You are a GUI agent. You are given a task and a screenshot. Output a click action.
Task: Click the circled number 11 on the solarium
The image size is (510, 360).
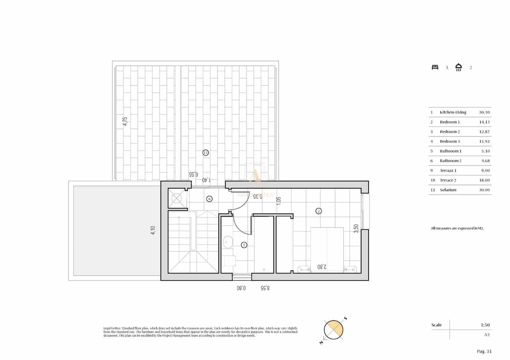(x=206, y=153)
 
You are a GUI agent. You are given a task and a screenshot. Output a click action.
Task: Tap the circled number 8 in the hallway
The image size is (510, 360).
(x=209, y=199)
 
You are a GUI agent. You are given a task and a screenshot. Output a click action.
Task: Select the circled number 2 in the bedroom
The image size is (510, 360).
(x=318, y=211)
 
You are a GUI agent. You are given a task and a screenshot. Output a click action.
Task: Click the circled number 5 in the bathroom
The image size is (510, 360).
(x=244, y=245)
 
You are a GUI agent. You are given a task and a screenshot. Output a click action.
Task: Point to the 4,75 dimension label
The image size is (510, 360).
(x=125, y=121)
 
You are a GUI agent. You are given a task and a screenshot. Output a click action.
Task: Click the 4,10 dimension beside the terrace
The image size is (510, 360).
(x=153, y=230)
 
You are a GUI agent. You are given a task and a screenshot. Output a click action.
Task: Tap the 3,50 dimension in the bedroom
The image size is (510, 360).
(x=356, y=228)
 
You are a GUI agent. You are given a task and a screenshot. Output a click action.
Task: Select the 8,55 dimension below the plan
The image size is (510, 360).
(x=265, y=288)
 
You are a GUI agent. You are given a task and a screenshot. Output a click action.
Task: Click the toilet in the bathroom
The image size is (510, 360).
(x=229, y=261)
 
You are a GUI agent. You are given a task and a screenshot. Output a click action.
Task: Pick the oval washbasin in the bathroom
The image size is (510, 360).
(x=228, y=242)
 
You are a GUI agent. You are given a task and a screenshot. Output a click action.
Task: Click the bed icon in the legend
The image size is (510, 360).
(x=435, y=67)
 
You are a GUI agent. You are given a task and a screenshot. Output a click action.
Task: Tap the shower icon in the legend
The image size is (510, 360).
(x=458, y=67)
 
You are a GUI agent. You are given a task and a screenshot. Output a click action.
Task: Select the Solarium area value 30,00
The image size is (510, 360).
(x=484, y=190)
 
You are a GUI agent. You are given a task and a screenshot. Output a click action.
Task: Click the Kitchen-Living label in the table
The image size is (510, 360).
(x=453, y=112)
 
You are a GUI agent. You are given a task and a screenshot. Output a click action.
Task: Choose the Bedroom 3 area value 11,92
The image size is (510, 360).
(x=484, y=141)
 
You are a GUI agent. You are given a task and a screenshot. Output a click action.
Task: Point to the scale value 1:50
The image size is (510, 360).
(x=485, y=325)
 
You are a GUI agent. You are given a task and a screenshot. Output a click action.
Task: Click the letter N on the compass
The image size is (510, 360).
(x=321, y=342)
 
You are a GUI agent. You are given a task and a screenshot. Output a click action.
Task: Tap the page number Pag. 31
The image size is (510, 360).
(x=484, y=351)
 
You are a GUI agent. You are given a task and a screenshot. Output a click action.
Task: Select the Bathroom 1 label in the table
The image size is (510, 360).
(x=450, y=151)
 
